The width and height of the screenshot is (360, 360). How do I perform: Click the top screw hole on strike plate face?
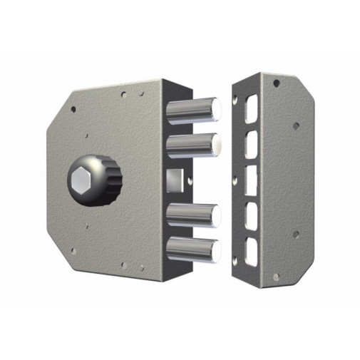click(x=275, y=83)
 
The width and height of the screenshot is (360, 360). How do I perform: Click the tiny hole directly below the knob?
click(x=87, y=227)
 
